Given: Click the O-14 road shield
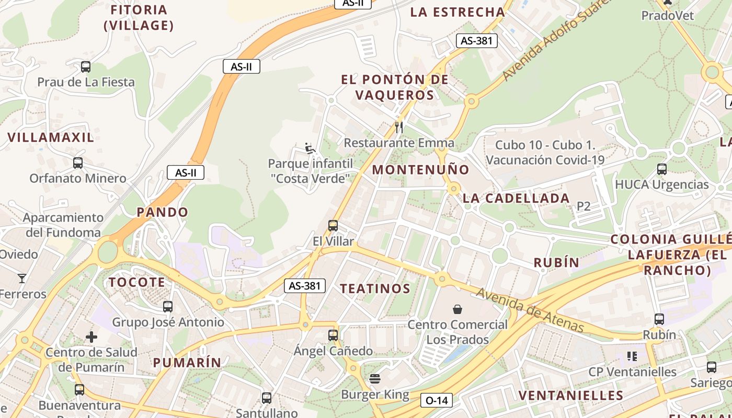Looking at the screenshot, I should [437, 401].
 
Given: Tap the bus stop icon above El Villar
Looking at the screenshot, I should [333, 226].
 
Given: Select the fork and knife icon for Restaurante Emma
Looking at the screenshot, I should [399, 127].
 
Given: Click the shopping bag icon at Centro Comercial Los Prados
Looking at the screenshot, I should [458, 309].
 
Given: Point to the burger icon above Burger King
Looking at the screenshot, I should [375, 378].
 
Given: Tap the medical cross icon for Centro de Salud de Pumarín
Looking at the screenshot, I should [92, 337].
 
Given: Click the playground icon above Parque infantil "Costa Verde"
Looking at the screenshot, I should [310, 148].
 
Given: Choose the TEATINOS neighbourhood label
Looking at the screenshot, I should [375, 289].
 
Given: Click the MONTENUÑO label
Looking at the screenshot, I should [420, 170].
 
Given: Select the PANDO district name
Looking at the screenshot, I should [162, 212].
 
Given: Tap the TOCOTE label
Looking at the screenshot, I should [137, 283].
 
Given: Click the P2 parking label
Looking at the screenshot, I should [584, 206].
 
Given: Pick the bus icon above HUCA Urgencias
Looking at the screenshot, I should [662, 169].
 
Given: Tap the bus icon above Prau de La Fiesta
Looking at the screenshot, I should [86, 67].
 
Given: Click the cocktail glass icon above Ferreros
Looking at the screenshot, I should [22, 278].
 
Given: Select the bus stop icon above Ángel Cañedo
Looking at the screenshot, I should [333, 335].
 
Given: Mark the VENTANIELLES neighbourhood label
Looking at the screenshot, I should [571, 395].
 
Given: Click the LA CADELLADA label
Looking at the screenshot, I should [516, 199].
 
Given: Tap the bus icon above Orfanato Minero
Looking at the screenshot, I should [78, 163].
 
